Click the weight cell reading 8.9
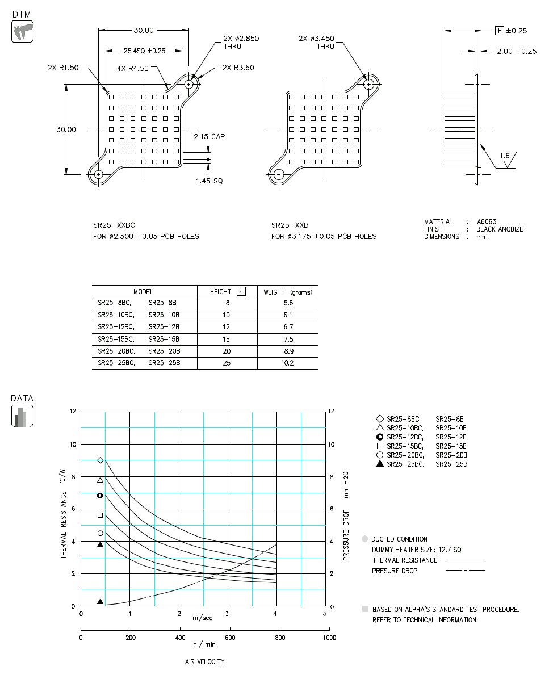[287, 351]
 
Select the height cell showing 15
[227, 339]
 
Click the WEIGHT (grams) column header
[287, 292]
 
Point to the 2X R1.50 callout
[64, 68]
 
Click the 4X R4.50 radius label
[132, 68]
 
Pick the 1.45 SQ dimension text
[208, 181]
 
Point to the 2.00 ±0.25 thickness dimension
[516, 51]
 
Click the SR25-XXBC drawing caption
[114, 225]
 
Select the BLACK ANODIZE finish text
[500, 229]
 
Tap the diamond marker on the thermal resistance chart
[100, 460]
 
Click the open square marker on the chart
[100, 515]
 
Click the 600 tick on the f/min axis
[230, 638]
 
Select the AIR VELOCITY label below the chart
[204, 662]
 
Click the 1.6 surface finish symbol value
[505, 156]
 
